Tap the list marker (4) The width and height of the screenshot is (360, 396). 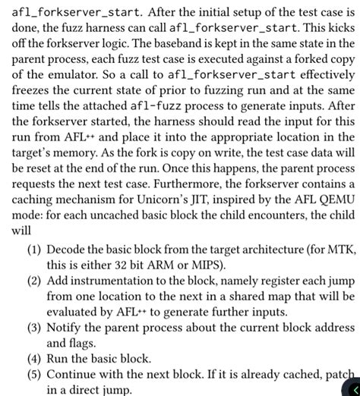pos(34,374)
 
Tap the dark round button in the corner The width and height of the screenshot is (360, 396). pos(350,387)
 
